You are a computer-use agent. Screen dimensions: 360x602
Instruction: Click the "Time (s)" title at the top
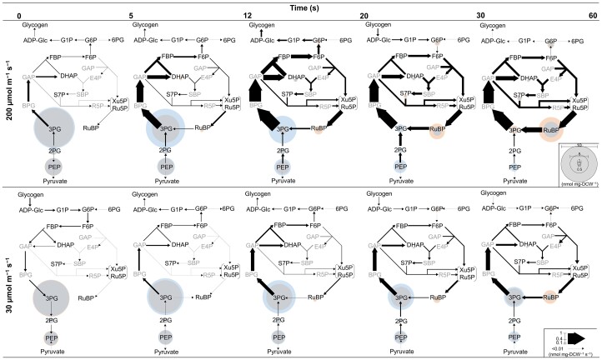[302, 5]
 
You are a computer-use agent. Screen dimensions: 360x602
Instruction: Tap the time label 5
[131, 15]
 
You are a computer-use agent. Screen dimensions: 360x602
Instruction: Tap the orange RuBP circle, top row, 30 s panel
[550, 129]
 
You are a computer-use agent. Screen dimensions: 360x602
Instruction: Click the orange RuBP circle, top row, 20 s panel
[436, 129]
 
